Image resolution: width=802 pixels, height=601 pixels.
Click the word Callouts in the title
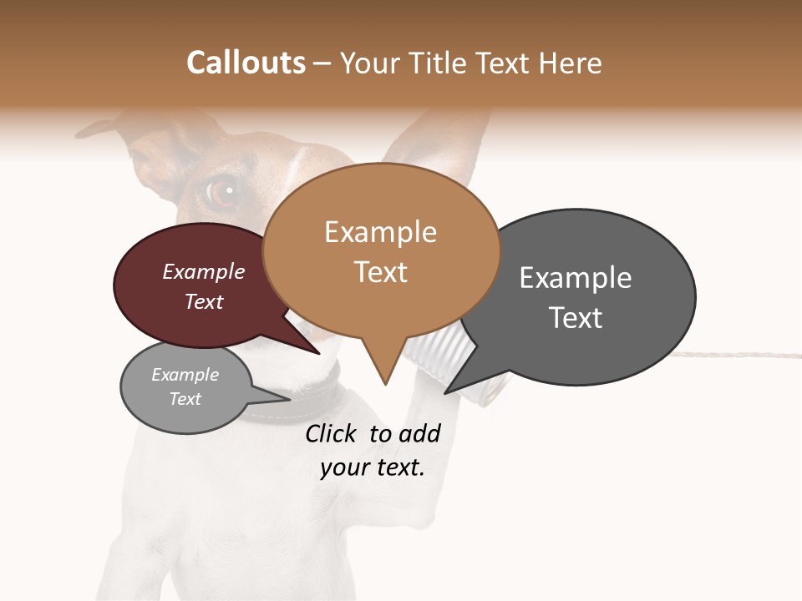(246, 63)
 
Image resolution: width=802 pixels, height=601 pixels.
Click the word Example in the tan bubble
(380, 232)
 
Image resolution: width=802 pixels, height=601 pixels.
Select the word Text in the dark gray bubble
(576, 318)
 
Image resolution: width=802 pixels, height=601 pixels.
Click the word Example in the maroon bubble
(204, 272)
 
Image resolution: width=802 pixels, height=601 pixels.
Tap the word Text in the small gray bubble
(185, 399)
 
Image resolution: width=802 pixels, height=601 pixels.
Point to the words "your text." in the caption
(373, 468)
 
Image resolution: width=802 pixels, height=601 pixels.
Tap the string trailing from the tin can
(735, 355)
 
